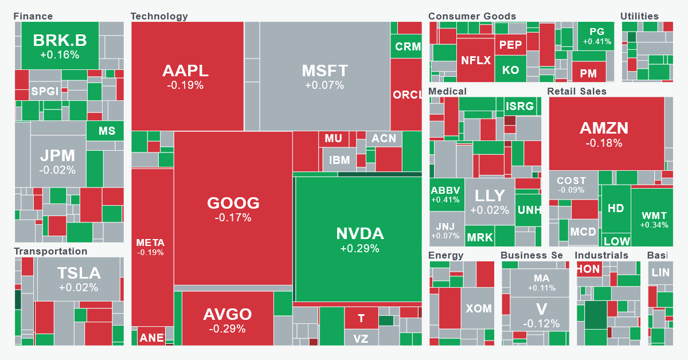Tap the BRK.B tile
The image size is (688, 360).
[60, 45]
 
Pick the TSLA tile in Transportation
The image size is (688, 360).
[79, 279]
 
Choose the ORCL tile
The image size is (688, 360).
[406, 95]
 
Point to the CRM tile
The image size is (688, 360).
[408, 46]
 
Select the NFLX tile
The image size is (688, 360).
[475, 60]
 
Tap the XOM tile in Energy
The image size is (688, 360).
[478, 308]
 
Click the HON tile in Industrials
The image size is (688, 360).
[588, 269]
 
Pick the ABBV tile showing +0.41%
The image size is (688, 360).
[446, 195]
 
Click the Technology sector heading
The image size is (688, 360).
[159, 16]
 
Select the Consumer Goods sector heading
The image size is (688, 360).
[472, 16]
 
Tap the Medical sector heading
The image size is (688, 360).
[447, 91]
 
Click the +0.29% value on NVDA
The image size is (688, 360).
[359, 249]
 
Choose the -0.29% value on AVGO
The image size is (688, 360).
[227, 329]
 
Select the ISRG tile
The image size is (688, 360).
[519, 105]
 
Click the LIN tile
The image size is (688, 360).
[660, 272]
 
